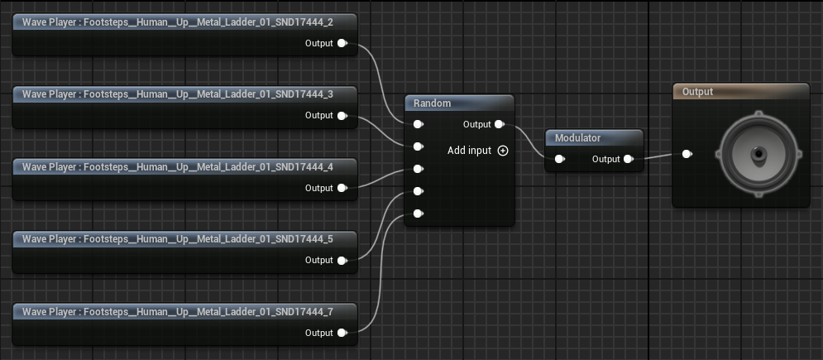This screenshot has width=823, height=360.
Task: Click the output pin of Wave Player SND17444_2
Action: (342, 43)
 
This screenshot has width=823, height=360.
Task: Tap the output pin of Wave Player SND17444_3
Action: (342, 116)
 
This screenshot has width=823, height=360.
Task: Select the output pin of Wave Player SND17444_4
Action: (342, 188)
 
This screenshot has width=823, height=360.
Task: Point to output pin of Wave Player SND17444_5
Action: (342, 260)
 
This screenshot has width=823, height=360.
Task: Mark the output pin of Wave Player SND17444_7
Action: (342, 333)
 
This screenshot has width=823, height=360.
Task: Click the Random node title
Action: (433, 103)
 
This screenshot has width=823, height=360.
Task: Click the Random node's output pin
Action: (499, 125)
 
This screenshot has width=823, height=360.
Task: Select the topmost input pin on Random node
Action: (418, 125)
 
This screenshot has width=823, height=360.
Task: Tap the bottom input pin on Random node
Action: (418, 214)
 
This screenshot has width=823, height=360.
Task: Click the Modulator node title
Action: (577, 138)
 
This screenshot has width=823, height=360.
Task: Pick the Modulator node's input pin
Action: (559, 159)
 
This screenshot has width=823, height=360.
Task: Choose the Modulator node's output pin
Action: (628, 159)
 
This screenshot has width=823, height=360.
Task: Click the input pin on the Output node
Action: (686, 153)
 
